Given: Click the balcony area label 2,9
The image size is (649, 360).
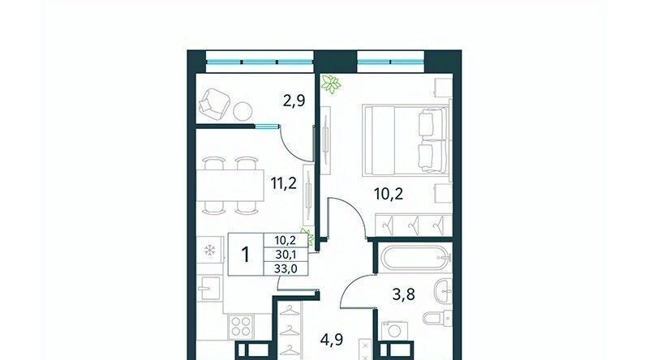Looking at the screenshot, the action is [x=294, y=101].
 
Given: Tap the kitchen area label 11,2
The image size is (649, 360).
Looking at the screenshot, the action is [x=283, y=182].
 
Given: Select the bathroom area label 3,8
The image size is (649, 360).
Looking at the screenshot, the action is [x=403, y=294].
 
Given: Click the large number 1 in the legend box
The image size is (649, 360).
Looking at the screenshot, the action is [x=246, y=254].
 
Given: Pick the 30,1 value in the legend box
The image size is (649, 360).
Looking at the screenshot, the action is [x=286, y=254].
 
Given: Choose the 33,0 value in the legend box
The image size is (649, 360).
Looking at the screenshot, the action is [x=286, y=268].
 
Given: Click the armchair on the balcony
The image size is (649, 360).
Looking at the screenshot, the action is [x=214, y=104].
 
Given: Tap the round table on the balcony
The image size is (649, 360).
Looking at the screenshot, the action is [x=243, y=111].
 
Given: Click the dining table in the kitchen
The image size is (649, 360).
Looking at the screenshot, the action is [x=230, y=186].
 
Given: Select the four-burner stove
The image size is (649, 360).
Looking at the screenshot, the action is [x=241, y=326].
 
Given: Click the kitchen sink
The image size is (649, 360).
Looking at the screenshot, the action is [x=209, y=288].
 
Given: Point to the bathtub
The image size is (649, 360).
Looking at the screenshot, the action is [x=415, y=258].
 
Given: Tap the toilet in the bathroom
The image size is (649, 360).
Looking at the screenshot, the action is [x=437, y=318].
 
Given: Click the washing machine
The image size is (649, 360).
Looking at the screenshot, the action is [x=394, y=331].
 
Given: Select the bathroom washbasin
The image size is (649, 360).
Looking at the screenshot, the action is [x=443, y=291].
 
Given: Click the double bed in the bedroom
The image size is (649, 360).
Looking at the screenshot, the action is [x=405, y=139].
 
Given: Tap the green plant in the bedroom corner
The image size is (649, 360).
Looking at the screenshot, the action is [x=332, y=84].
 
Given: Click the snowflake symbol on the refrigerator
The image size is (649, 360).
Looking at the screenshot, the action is [x=210, y=250].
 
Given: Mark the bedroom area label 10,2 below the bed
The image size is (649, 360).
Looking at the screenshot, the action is [x=389, y=193].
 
